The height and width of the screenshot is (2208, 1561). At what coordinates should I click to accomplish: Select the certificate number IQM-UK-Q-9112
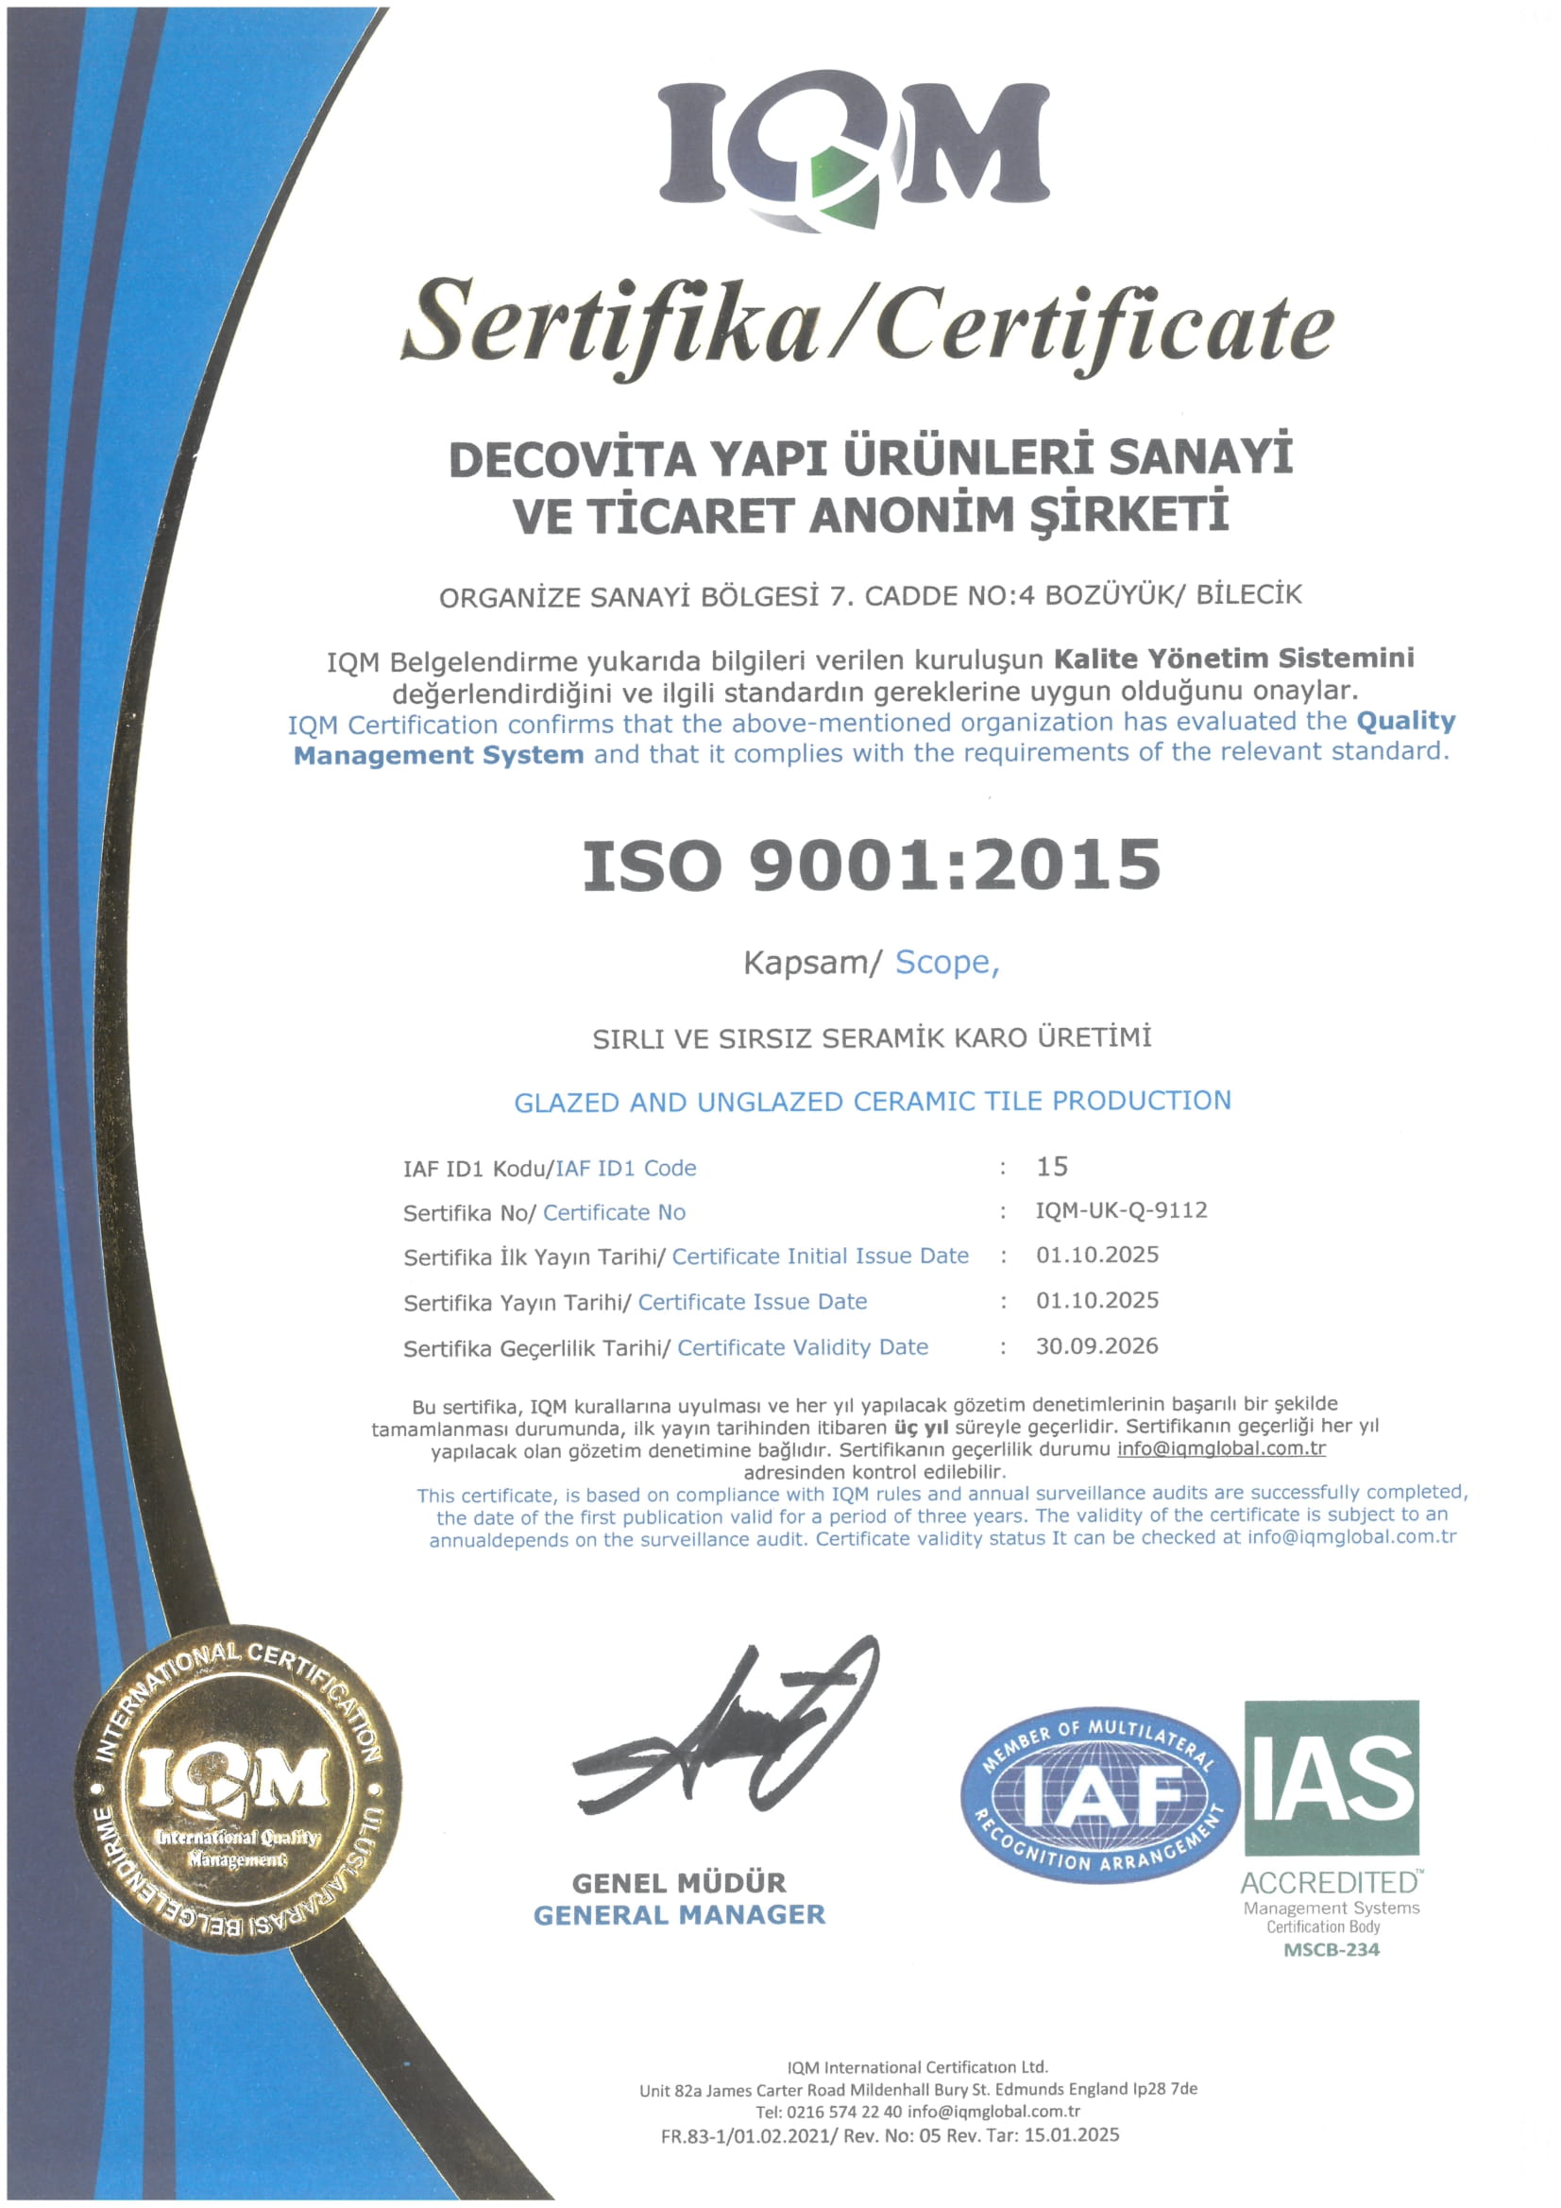click(x=1121, y=1210)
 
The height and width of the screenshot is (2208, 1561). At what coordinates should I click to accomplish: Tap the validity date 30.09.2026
click(x=1096, y=1346)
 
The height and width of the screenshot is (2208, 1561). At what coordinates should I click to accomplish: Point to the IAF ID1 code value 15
click(x=1053, y=1167)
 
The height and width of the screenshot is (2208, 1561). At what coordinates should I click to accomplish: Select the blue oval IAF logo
click(x=1099, y=1794)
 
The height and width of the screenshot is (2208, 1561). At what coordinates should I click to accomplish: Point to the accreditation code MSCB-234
click(x=1332, y=1950)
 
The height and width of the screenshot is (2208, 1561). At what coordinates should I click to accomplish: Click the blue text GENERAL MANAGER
click(x=679, y=1916)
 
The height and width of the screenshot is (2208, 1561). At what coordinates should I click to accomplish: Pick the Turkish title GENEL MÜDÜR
click(x=679, y=1883)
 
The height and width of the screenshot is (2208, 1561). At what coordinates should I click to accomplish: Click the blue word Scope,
click(x=947, y=963)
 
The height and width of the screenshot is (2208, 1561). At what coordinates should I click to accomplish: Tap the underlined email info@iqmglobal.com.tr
click(x=1221, y=1448)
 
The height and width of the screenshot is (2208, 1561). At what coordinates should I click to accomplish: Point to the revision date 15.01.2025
click(x=1072, y=2136)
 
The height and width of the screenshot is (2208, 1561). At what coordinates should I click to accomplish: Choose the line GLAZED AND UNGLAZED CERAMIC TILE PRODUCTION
click(x=872, y=1101)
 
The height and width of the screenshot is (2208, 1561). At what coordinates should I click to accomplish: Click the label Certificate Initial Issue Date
click(x=820, y=1256)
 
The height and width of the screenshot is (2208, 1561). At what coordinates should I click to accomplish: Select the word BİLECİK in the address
click(x=1248, y=594)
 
